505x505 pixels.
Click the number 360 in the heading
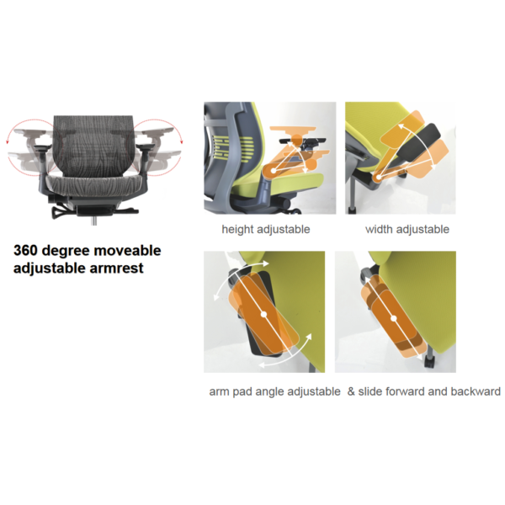point(31,251)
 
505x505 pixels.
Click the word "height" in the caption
point(237,229)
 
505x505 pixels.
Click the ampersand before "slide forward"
point(351,391)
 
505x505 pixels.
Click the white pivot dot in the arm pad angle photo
point(263,315)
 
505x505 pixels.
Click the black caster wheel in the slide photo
point(426,363)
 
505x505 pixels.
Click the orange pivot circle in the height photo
point(271,171)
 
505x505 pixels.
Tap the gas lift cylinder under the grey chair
point(92,216)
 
